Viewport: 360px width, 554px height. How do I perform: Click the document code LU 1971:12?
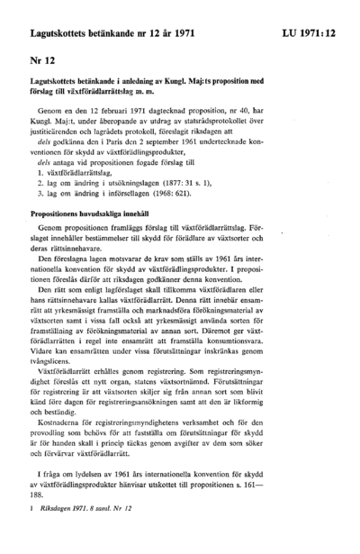(x=305, y=32)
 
